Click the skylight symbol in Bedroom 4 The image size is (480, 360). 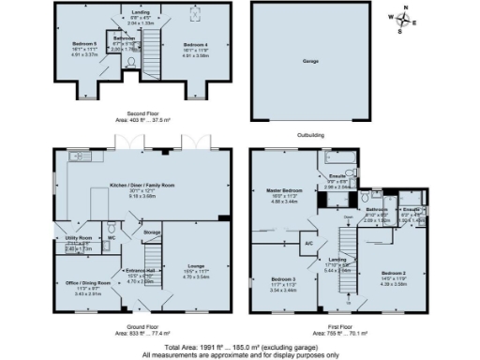195,12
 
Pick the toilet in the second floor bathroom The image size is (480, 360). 132,63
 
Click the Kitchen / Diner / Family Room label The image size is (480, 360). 142,186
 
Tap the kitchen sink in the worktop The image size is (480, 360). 77,156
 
